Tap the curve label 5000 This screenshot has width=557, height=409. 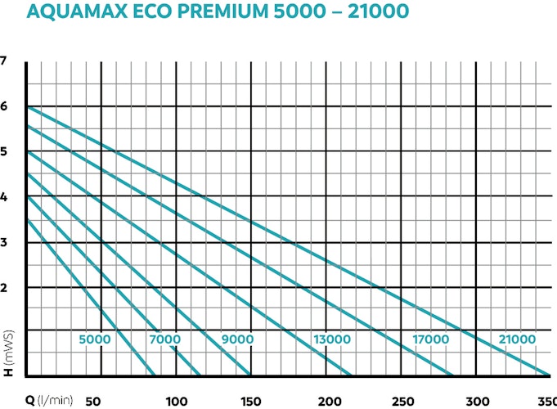pos(95,339)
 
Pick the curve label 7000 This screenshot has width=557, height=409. pos(164,339)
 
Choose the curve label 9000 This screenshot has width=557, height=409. pos(237,339)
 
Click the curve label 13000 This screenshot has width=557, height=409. pos(333,339)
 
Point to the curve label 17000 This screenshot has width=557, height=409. pos(430,339)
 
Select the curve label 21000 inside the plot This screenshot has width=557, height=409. pos(517,339)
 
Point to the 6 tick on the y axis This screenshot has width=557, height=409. pos(4,106)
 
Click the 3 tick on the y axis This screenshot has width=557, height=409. pos(4,242)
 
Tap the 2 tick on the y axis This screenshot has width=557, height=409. pos(4,288)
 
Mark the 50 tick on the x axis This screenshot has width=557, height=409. pos(93,400)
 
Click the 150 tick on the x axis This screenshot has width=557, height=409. pos(250,400)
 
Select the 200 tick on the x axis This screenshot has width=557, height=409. pos(326,400)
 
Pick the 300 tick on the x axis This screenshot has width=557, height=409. pos(476,400)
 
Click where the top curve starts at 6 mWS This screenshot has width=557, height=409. pos(27,107)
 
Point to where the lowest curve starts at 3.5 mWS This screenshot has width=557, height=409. pos(27,219)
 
